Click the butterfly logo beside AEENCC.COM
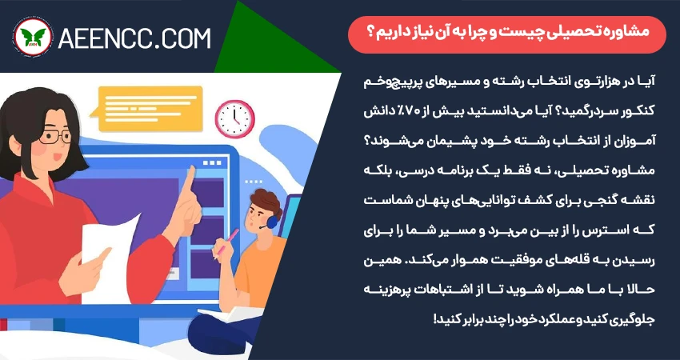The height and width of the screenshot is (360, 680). pyautogui.click(x=33, y=38)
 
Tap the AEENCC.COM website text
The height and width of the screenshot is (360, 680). pyautogui.click(x=134, y=38)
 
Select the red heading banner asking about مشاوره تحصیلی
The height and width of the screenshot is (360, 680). pyautogui.click(x=507, y=34)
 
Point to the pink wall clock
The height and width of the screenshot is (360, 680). pyautogui.click(x=234, y=119)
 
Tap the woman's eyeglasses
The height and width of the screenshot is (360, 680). pyautogui.click(x=54, y=137)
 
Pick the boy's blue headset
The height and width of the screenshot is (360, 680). pyautogui.click(x=271, y=222)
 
